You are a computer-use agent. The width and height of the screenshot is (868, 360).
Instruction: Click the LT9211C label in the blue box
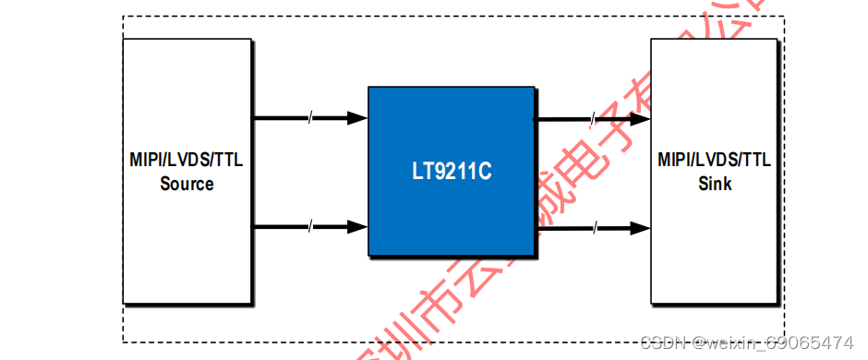451,172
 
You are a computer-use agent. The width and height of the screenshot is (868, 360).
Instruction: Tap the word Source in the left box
187,184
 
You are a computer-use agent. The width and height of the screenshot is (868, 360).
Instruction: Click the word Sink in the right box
715,184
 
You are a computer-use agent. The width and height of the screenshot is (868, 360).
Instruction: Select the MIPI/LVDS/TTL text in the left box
187,160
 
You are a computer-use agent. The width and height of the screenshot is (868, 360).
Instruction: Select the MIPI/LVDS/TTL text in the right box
715,160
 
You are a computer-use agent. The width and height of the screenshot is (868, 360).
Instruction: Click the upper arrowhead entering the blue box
358,117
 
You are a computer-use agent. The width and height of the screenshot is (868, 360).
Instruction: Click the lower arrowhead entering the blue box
358,226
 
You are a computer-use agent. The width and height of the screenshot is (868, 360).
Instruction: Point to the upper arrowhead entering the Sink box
641,118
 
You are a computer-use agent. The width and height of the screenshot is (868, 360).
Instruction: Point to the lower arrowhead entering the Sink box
641,226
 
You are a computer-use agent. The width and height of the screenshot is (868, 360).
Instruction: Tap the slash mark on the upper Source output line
311,117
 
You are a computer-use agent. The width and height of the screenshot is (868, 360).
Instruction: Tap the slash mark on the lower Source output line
311,226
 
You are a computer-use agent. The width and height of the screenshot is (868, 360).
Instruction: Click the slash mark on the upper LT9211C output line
593,118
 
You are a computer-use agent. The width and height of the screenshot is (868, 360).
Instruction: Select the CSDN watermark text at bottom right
664,343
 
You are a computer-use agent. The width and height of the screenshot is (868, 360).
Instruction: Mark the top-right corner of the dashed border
784,16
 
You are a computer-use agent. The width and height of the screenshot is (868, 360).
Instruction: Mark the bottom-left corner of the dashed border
123,342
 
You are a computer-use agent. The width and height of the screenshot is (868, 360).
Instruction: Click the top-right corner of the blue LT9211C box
535,88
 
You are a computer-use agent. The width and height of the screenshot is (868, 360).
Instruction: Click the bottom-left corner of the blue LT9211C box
368,255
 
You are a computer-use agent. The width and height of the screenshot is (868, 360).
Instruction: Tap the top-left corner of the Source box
124,40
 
